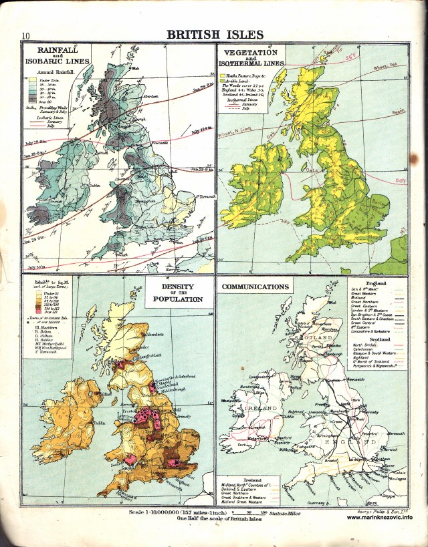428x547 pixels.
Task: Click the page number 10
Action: click(x=25, y=36)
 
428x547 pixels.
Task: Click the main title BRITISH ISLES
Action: click(x=214, y=35)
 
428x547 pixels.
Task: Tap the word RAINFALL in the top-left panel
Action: click(x=57, y=50)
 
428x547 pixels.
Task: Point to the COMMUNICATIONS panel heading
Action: click(x=255, y=287)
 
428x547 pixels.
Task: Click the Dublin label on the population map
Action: click(x=99, y=422)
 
